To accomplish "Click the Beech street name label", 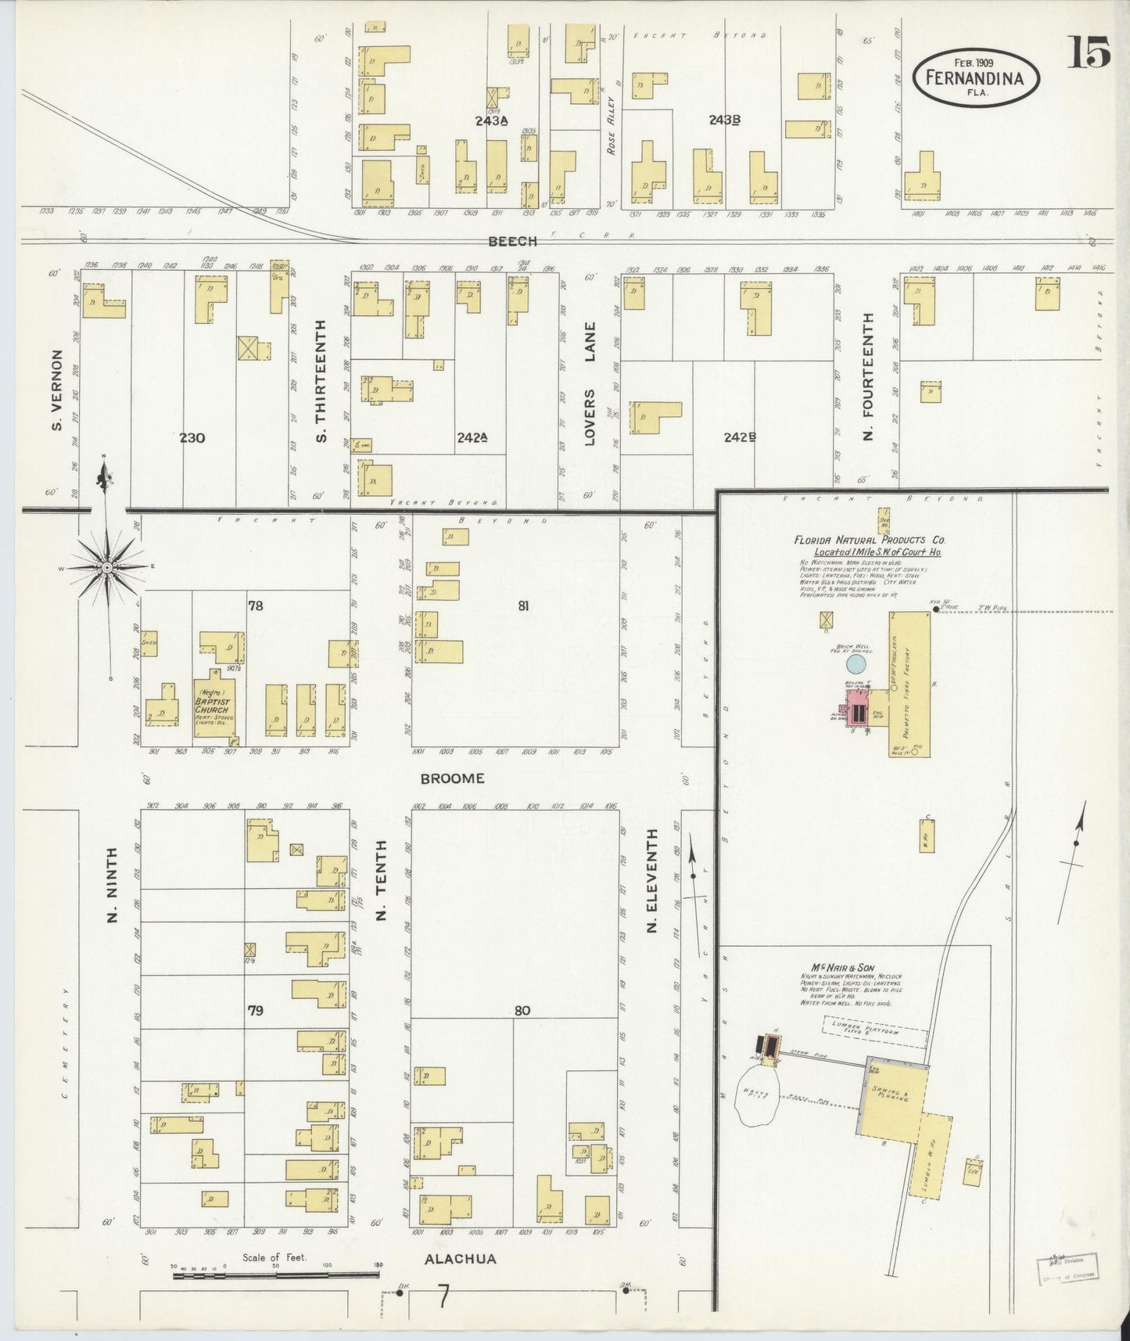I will [x=512, y=242].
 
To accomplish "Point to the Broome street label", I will [x=452, y=778].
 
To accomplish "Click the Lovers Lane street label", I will [x=590, y=383].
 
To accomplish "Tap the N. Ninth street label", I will [x=111, y=884].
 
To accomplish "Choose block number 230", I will [x=192, y=437].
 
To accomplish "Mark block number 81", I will [x=523, y=603].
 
